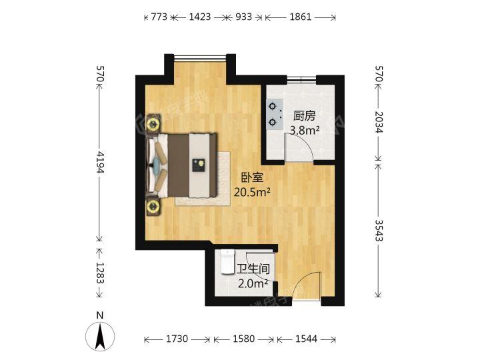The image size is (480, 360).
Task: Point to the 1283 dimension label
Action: (99, 273)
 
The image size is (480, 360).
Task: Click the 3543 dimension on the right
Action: (379, 230)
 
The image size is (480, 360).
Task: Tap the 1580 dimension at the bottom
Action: (243, 339)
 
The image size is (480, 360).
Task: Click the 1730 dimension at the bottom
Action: (177, 339)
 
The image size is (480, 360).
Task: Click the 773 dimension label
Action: (158, 18)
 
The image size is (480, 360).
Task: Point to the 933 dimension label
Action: (243, 18)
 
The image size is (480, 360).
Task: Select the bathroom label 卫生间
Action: (253, 270)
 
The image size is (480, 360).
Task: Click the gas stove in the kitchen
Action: (275, 114)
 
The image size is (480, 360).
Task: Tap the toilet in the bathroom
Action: (227, 263)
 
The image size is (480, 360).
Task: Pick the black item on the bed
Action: (199, 164)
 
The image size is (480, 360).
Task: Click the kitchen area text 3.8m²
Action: (303, 131)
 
